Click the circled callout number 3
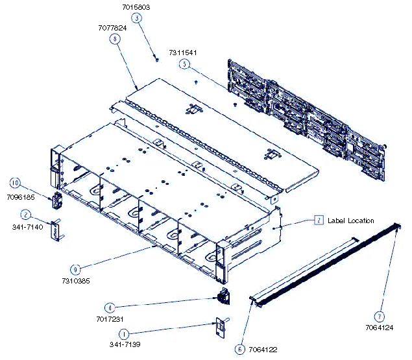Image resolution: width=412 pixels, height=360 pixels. point(137,18)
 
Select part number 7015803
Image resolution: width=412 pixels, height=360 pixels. point(136,7)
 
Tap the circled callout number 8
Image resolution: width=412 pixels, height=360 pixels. point(115,39)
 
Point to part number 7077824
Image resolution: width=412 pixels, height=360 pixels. point(112,28)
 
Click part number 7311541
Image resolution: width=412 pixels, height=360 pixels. point(183,53)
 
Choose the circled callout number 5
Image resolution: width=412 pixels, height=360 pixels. point(184,64)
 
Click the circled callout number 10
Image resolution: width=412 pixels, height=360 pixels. point(15,183)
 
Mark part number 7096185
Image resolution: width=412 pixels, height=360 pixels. point(21,197)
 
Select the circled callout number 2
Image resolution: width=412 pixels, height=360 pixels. point(25,215)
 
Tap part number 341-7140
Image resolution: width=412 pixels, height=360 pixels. point(28,227)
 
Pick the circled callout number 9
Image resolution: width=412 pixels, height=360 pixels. point(75,269)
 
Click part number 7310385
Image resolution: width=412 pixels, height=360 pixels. point(76,281)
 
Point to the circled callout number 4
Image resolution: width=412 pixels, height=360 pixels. point(110,307)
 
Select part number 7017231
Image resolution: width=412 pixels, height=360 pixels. point(110,319)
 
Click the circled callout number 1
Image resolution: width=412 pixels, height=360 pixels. point(124,334)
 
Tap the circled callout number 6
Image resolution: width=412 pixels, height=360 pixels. point(239,350)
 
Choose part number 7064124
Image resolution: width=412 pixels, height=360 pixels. point(380,328)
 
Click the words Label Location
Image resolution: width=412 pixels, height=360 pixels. point(351,221)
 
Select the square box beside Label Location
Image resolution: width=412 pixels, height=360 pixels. point(319,220)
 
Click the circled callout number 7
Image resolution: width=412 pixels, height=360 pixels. point(379,317)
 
